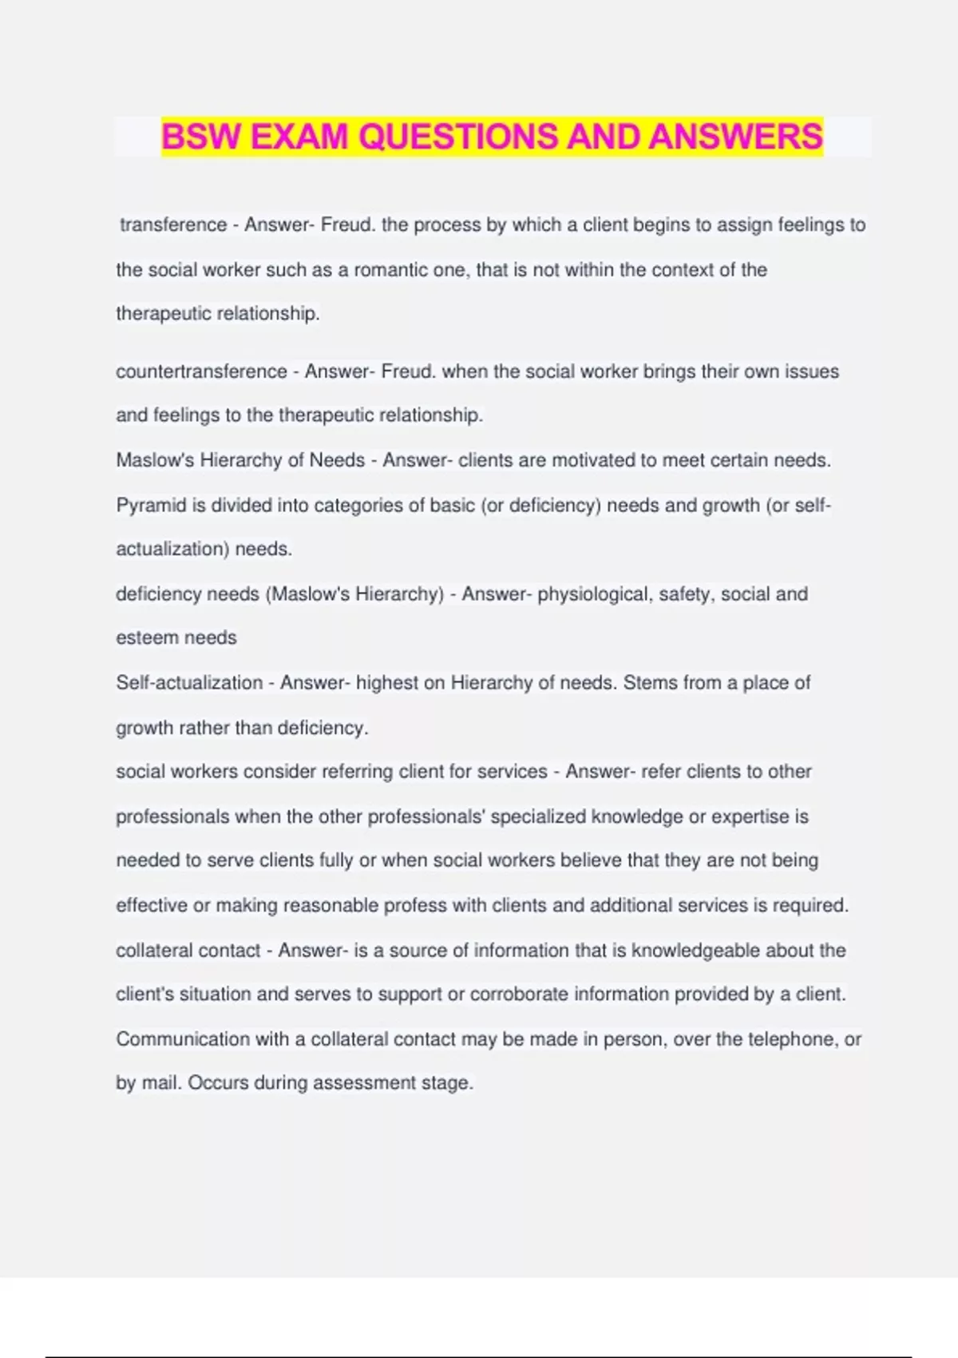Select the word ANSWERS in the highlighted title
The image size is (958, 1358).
(x=735, y=137)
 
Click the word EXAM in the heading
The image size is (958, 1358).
(x=299, y=137)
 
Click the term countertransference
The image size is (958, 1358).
(x=201, y=371)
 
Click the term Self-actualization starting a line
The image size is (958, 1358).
(x=189, y=683)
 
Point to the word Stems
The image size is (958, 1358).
(x=651, y=683)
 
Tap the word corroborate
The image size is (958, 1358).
(x=519, y=995)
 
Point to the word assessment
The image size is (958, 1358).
(x=359, y=1083)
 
